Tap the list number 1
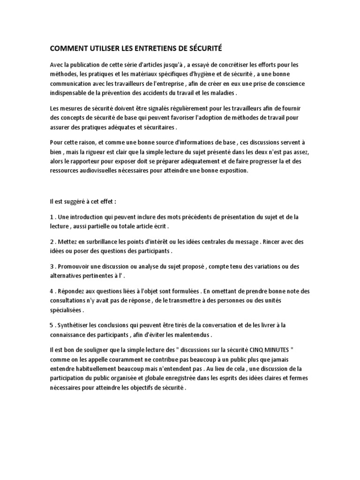[x=51, y=217]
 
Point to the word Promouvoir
[x=77, y=267]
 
